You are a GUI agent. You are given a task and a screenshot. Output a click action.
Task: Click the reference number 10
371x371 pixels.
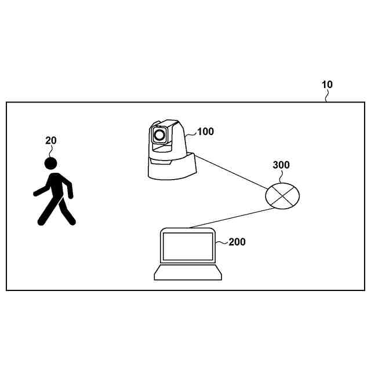327,85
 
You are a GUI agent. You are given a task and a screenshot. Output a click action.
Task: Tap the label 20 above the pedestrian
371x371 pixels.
51,140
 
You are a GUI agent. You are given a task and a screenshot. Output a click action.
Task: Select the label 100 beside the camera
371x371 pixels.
205,132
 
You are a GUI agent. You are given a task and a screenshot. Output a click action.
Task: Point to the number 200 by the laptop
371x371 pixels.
237,242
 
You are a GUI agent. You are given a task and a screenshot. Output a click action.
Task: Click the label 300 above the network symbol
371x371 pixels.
281,165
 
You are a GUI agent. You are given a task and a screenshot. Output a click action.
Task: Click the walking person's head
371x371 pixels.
51,164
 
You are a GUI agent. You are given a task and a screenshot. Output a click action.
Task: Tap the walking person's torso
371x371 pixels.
57,187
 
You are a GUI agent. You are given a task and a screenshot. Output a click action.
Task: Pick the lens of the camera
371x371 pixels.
159,136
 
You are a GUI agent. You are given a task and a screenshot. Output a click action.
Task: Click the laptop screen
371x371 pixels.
188,246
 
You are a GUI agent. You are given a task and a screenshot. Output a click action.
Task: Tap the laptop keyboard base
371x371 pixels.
188,273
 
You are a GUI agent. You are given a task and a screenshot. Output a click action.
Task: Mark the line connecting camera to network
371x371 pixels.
232,172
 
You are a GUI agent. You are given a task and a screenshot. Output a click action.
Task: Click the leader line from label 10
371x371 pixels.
328,96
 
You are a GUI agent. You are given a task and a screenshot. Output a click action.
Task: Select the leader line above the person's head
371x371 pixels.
51,151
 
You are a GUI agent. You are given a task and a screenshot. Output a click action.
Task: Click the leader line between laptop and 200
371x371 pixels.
221,244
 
